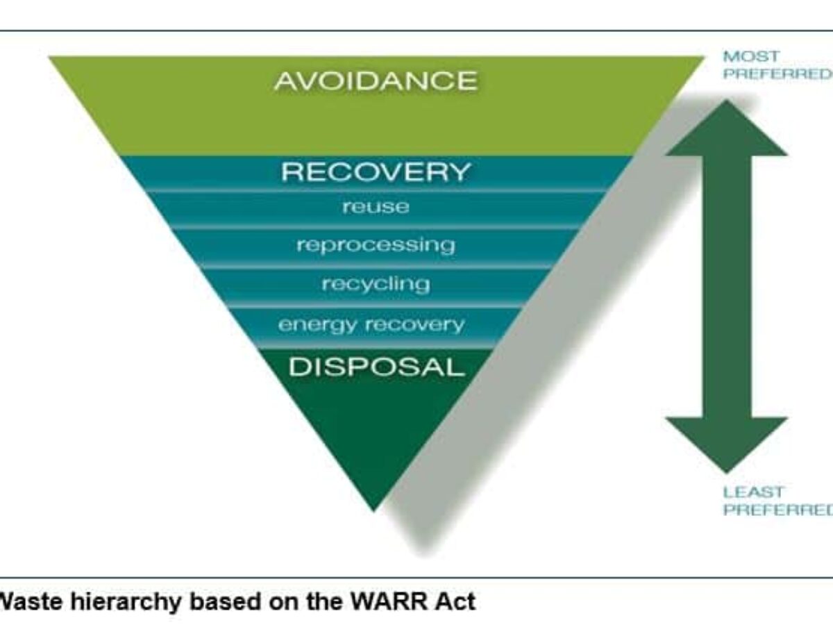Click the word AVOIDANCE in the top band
coord(376,81)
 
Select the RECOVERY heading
coord(376,172)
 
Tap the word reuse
coord(376,207)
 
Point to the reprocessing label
coord(376,245)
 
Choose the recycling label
coord(376,284)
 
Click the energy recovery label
coord(371,324)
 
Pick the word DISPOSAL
coord(376,367)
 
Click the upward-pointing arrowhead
coord(726,128)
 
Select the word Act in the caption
coord(459,601)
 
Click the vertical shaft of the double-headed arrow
coord(726,285)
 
